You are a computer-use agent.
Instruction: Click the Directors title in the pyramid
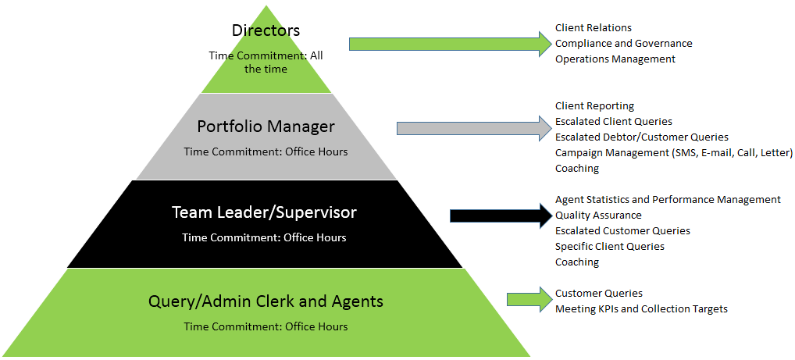(266, 30)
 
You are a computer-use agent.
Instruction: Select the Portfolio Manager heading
(266, 127)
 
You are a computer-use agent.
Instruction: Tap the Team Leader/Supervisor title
(264, 212)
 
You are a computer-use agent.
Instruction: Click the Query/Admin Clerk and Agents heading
(266, 301)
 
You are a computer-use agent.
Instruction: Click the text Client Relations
(593, 28)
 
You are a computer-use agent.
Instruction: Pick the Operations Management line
(615, 59)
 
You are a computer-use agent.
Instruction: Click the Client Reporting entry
(594, 106)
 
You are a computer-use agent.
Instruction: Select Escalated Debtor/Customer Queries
(641, 137)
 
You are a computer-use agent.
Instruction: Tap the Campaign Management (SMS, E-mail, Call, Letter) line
(673, 153)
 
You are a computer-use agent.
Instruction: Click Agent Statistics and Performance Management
(668, 200)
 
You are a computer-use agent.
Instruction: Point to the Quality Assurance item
(598, 216)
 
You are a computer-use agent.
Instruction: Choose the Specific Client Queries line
(609, 247)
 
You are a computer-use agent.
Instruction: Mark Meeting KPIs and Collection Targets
(641, 309)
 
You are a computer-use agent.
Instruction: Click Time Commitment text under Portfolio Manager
(266, 151)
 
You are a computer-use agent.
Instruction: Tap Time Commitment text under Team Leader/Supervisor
(264, 237)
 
